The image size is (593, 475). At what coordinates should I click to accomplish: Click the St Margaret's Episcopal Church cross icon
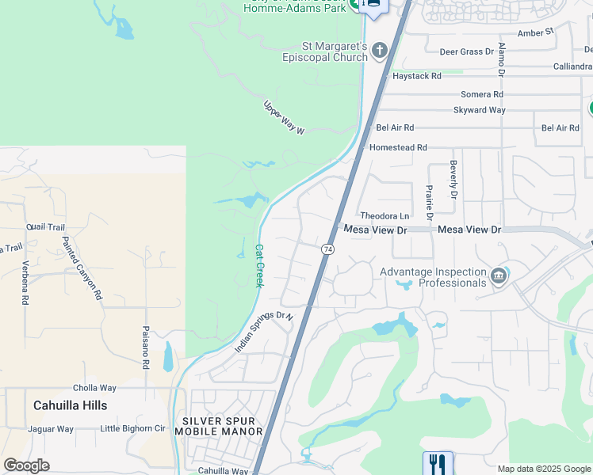click(380, 51)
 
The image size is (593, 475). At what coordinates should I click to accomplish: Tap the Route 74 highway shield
click(327, 249)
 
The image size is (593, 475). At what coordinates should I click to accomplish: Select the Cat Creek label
click(258, 265)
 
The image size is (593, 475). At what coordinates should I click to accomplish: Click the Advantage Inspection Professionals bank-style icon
click(499, 275)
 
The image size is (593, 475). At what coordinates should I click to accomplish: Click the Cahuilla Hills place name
click(70, 405)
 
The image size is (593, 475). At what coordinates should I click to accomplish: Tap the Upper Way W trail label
click(284, 117)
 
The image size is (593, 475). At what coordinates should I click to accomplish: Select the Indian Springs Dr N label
click(264, 332)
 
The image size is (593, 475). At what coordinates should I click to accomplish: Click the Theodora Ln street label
click(384, 215)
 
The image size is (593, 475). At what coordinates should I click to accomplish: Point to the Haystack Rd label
click(416, 76)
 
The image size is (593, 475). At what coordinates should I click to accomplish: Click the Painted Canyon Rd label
click(82, 268)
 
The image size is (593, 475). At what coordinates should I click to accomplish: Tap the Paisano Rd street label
click(146, 349)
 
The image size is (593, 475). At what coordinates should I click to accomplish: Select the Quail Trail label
click(45, 226)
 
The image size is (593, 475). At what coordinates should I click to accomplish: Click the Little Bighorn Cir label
click(132, 429)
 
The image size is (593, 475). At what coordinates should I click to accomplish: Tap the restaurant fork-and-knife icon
click(438, 462)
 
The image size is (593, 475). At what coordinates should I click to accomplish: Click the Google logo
click(26, 465)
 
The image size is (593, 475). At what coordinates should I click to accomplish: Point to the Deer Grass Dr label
click(467, 52)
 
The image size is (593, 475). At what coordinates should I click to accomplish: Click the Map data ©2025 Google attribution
click(544, 469)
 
